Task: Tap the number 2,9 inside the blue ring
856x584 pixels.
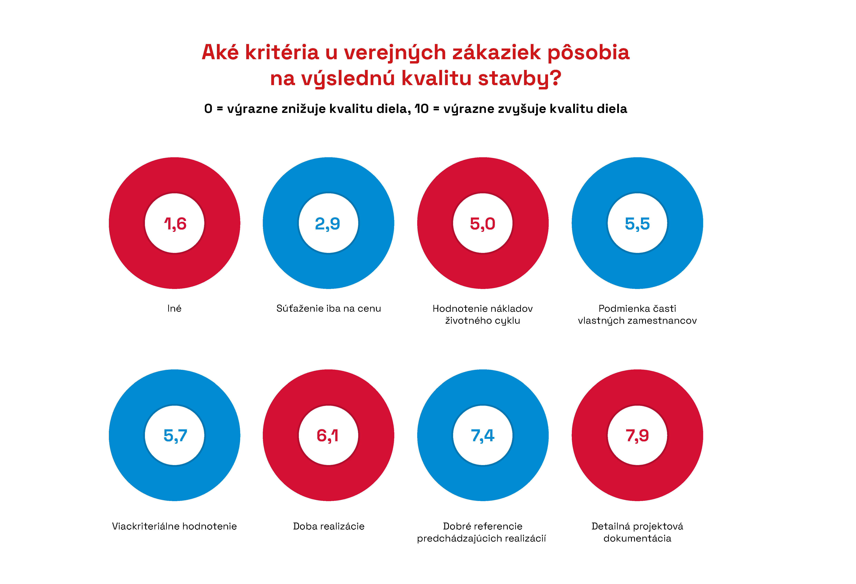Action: coord(327,224)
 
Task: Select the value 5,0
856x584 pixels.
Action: coord(482,224)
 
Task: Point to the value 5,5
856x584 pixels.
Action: coord(637,224)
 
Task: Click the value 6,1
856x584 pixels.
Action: coord(327,436)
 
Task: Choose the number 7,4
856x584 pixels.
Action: coord(482,436)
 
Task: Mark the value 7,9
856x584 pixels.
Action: coord(637,436)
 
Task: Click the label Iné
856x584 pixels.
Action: coord(174,308)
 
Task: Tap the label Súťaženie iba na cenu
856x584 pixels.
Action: coord(329,308)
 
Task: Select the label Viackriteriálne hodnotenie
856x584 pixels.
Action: coord(174,526)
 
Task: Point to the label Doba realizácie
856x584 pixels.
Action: coord(329,526)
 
